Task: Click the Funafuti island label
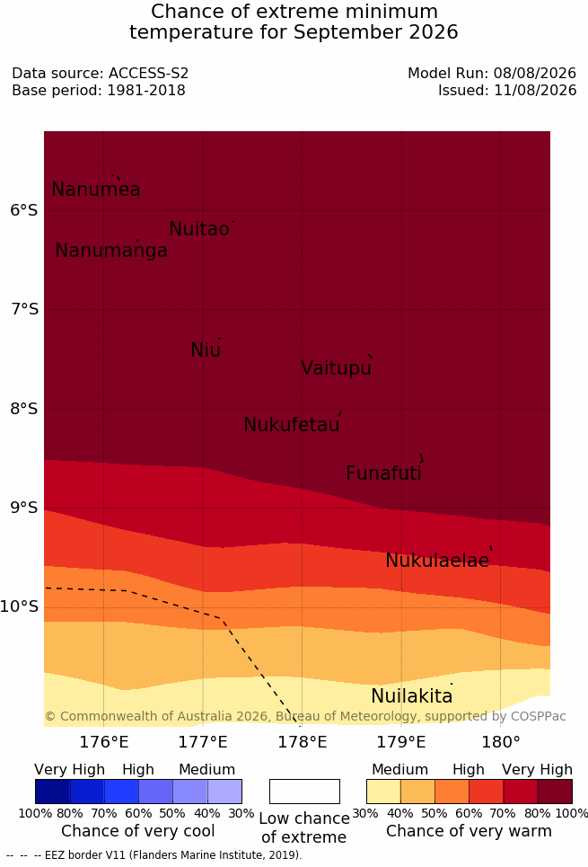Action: pyautogui.click(x=383, y=473)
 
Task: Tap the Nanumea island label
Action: pyautogui.click(x=95, y=190)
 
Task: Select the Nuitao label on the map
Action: pyautogui.click(x=199, y=229)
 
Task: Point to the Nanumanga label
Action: pyautogui.click(x=111, y=251)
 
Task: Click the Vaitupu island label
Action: pyautogui.click(x=336, y=368)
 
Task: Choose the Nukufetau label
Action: pyautogui.click(x=291, y=425)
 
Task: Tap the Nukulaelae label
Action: pyautogui.click(x=437, y=561)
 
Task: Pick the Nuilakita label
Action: pyautogui.click(x=412, y=696)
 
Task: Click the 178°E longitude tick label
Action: pyautogui.click(x=303, y=742)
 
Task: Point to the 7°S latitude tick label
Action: pyautogui.click(x=24, y=309)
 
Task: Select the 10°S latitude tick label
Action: pyautogui.click(x=20, y=606)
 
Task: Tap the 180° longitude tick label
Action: pyautogui.click(x=501, y=742)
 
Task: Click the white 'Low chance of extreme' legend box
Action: pyautogui.click(x=304, y=792)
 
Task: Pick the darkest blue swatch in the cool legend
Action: pyautogui.click(x=52, y=792)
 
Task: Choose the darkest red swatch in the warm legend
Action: pyautogui.click(x=555, y=792)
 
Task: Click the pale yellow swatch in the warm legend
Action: pyautogui.click(x=383, y=792)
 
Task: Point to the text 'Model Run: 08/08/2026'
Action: pyautogui.click(x=492, y=73)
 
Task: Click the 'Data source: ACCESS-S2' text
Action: pyautogui.click(x=100, y=73)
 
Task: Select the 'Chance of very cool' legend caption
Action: pyautogui.click(x=138, y=831)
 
